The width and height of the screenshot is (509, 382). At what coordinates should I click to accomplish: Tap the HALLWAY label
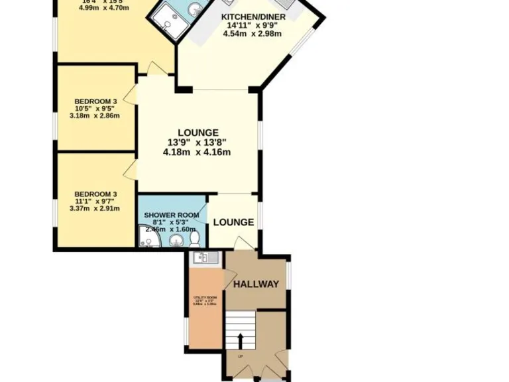[x=256, y=285]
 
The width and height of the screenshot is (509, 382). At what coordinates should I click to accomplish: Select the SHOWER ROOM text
[x=171, y=216]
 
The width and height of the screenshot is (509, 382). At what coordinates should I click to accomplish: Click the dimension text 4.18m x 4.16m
[x=196, y=152]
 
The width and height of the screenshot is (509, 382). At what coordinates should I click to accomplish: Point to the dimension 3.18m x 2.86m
[x=94, y=115]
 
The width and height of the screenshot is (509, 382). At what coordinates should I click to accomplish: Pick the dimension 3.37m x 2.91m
[x=94, y=208]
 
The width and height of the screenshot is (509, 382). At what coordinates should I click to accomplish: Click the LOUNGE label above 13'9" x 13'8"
[x=197, y=133]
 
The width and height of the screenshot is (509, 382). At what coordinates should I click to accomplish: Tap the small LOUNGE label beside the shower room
[x=233, y=222]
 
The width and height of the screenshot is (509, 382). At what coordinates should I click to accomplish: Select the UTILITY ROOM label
[x=205, y=298]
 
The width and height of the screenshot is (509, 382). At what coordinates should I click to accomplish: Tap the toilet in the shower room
[x=195, y=238]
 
